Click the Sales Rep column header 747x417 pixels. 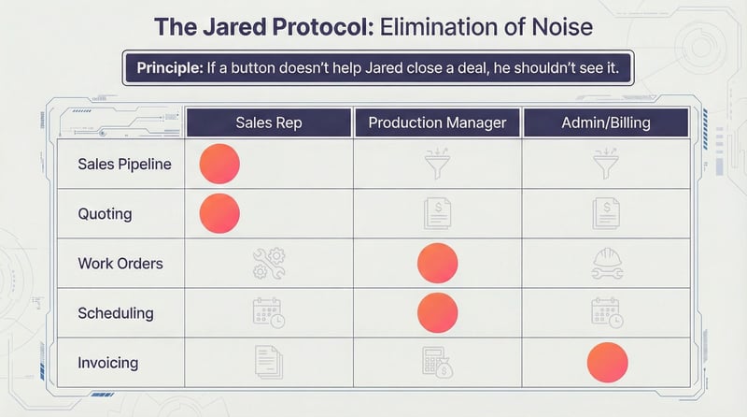pos(269,122)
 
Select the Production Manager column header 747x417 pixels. pos(437,122)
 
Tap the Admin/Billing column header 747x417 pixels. pos(606,122)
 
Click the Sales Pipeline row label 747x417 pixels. pos(124,165)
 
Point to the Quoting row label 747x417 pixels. pos(105,214)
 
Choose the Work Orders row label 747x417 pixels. pos(120,264)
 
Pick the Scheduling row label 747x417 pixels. pos(116,313)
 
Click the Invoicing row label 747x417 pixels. pos(109,363)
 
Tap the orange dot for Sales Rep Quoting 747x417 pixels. pos(220,213)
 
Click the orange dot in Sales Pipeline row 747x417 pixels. pos(220,165)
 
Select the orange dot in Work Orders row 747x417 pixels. pos(437,264)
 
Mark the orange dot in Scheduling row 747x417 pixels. pos(437,312)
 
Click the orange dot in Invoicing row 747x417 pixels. pos(607,363)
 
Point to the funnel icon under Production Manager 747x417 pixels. pos(437,165)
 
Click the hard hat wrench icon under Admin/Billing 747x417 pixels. pos(607,264)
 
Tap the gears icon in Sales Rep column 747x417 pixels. pos(269,264)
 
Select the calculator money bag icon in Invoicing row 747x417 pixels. pos(437,363)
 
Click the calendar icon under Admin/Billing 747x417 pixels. pos(607,312)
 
